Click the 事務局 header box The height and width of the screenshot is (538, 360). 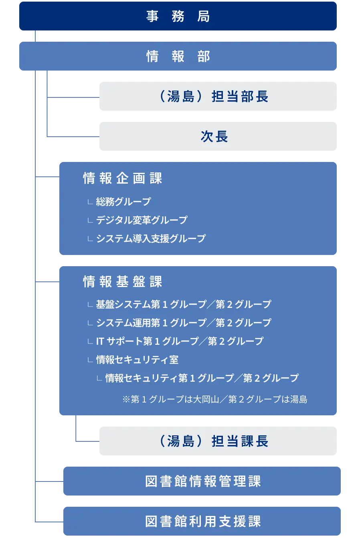pyautogui.click(x=178, y=16)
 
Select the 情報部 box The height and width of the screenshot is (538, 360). pyautogui.click(x=178, y=56)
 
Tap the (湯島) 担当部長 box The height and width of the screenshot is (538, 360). pyautogui.click(x=218, y=96)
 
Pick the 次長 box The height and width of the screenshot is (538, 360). pyautogui.click(x=218, y=136)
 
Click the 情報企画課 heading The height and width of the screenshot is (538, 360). pyautogui.click(x=123, y=178)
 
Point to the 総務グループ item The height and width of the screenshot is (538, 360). pyautogui.click(x=123, y=202)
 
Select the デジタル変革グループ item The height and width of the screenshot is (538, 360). pyautogui.click(x=142, y=220)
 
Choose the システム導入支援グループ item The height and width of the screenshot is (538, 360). pyautogui.click(x=151, y=239)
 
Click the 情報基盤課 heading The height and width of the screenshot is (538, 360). pyautogui.click(x=123, y=282)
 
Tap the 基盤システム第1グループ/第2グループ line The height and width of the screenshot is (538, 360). pyautogui.click(x=183, y=304)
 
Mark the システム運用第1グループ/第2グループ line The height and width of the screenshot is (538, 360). pyautogui.click(x=183, y=323)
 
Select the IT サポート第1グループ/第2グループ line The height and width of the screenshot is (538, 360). pyautogui.click(x=180, y=341)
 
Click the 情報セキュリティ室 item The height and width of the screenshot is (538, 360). pyautogui.click(x=137, y=360)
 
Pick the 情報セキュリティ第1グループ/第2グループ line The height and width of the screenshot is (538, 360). pyautogui.click(x=202, y=378)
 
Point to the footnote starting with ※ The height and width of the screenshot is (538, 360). pyautogui.click(x=215, y=399)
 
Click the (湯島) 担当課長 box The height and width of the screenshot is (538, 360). pyautogui.click(x=218, y=441)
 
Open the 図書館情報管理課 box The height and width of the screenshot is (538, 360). pyautogui.click(x=203, y=481)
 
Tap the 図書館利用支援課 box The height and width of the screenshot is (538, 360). pyautogui.click(x=203, y=521)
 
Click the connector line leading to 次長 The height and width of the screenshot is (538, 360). pyautogui.click(x=72, y=136)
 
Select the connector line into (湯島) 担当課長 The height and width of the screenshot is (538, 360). pyautogui.click(x=86, y=441)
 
